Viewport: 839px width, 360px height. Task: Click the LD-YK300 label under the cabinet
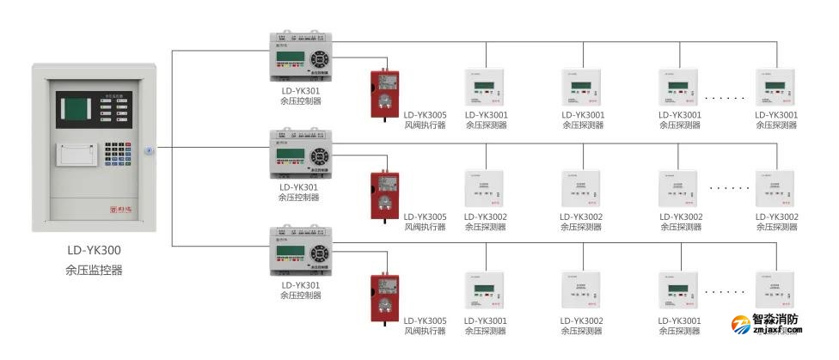[94, 252]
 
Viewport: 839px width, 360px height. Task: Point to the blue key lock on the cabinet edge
[149, 150]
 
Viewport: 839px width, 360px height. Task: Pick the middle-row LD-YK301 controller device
[300, 156]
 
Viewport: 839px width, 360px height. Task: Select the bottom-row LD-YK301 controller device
[300, 253]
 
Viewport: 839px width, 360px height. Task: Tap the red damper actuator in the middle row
[383, 196]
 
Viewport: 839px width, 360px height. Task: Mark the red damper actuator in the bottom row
[383, 298]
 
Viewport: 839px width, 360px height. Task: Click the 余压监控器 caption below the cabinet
[94, 270]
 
